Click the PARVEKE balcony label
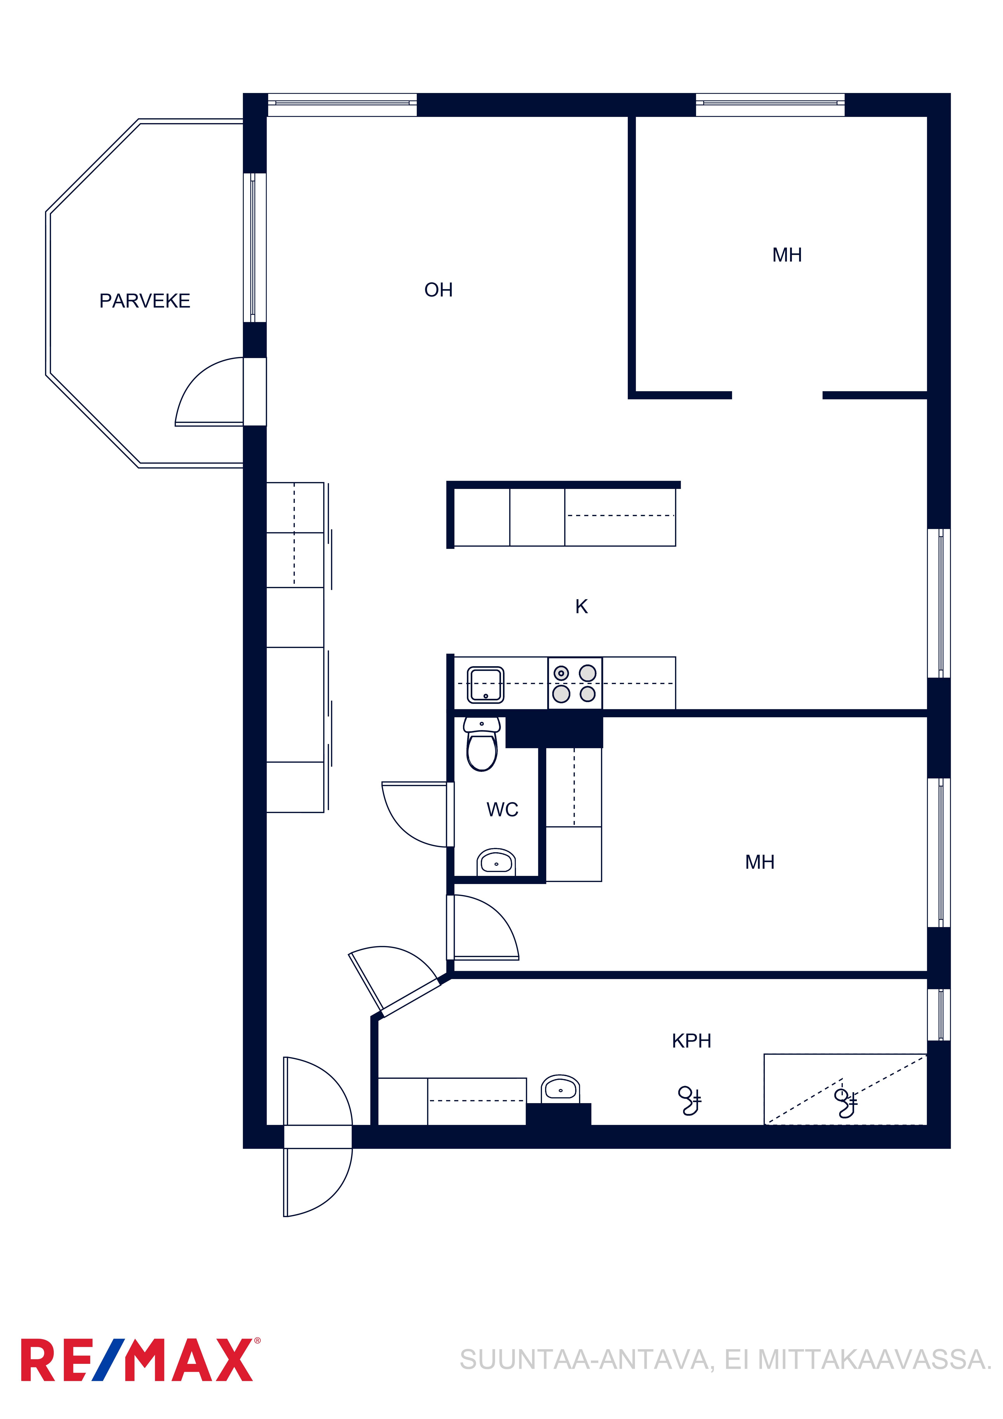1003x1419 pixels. (x=145, y=301)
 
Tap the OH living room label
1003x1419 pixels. (x=438, y=290)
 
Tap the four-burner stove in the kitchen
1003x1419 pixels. (x=575, y=683)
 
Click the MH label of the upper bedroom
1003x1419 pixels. (x=787, y=255)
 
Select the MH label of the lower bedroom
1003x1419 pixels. (x=760, y=862)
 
